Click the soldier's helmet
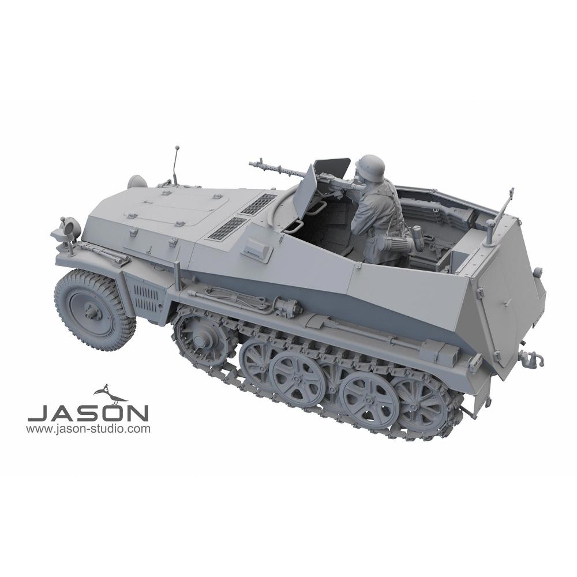point(371,166)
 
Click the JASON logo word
point(88,413)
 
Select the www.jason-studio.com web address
point(88,429)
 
